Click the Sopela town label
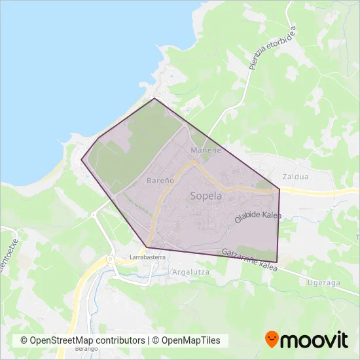coord(206,196)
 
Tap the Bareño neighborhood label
coord(160,179)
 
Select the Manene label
coord(202,151)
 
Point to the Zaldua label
coord(294,177)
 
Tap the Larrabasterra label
coord(147,258)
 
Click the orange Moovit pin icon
coord(272,340)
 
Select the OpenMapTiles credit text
coord(189,340)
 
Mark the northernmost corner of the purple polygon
coord(154,99)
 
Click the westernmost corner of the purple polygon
coord(81,159)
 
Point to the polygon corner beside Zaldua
coord(280,190)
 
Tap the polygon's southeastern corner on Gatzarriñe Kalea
coord(278,262)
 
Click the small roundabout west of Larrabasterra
coord(111,259)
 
